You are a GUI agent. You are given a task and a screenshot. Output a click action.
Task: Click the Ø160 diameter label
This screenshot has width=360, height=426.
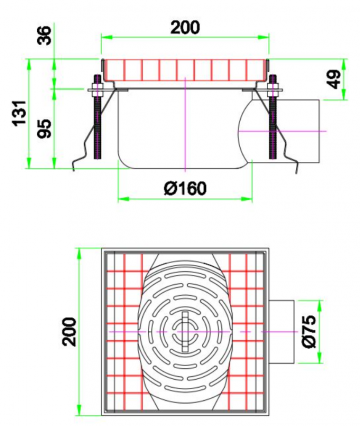click(x=185, y=187)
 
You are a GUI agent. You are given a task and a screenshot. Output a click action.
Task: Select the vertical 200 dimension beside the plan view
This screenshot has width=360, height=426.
click(x=68, y=330)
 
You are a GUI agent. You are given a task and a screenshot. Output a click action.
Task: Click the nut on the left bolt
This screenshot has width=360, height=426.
click(x=95, y=95)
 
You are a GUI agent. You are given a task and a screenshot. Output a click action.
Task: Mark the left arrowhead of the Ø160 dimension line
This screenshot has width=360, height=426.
click(x=122, y=197)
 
